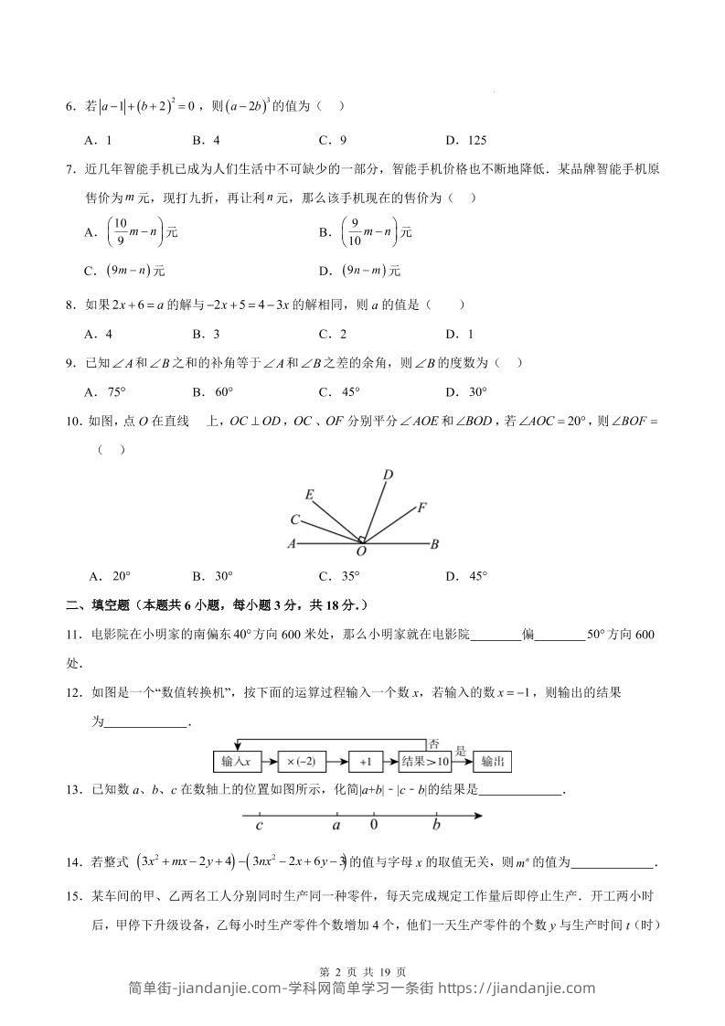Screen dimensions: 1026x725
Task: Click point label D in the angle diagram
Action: click(x=388, y=474)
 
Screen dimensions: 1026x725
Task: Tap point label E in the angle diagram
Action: click(x=310, y=496)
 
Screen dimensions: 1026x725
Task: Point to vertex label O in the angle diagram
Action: click(x=361, y=552)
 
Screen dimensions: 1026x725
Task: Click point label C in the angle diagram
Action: click(x=295, y=519)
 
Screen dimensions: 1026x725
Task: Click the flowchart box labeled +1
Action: click(x=366, y=761)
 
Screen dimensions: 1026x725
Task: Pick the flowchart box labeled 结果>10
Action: click(x=425, y=761)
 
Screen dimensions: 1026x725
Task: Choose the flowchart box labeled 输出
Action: click(x=494, y=761)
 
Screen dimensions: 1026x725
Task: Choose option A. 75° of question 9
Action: click(x=103, y=392)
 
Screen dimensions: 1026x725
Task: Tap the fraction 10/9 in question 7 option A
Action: click(x=115, y=232)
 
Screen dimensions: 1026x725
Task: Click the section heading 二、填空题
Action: click(x=98, y=604)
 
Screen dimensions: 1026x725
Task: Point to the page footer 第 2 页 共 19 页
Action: click(x=362, y=972)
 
